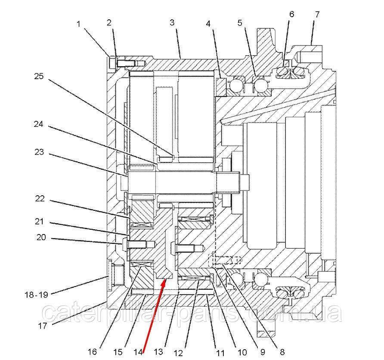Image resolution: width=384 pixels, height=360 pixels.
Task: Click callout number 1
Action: pyautogui.click(x=79, y=25)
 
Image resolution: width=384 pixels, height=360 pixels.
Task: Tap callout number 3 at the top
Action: pyautogui.click(x=172, y=22)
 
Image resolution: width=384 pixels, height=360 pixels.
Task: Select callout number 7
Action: pyautogui.click(x=317, y=14)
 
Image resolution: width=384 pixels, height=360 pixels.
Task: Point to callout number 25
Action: pyautogui.click(x=39, y=76)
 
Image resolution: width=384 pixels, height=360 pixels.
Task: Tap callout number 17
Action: pyautogui.click(x=42, y=326)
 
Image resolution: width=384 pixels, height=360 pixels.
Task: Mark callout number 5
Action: pyautogui.click(x=240, y=23)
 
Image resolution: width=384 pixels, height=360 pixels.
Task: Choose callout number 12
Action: pyautogui.click(x=178, y=353)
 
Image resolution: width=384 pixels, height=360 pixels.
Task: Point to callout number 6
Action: pyautogui.click(x=291, y=14)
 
